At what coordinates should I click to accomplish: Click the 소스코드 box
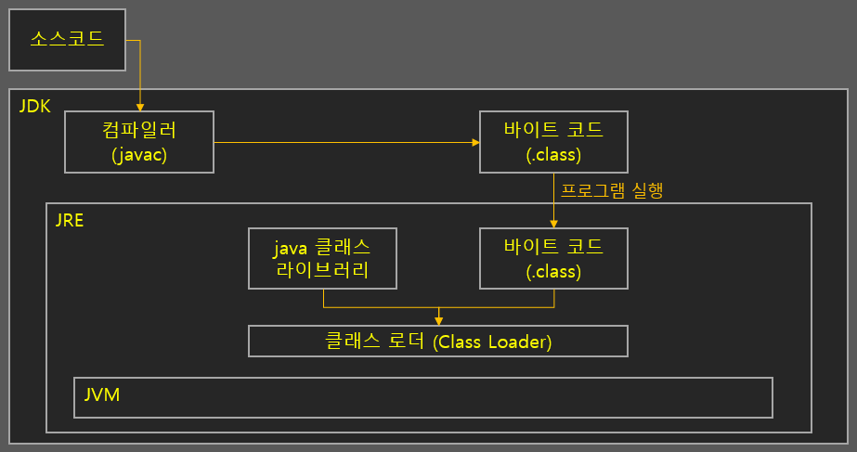click(67, 39)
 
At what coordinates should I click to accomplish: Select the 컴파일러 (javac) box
click(138, 142)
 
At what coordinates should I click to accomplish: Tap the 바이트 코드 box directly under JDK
click(553, 142)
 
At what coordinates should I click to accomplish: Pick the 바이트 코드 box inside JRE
click(553, 258)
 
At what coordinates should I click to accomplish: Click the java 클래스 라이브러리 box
click(322, 258)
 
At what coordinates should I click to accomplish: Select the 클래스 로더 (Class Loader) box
click(438, 341)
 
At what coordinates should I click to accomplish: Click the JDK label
click(34, 106)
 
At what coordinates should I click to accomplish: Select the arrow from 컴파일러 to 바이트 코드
click(344, 142)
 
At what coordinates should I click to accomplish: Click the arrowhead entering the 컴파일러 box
click(139, 107)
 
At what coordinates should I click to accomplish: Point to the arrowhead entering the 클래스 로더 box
click(438, 320)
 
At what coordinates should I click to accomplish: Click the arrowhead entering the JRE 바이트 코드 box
click(554, 223)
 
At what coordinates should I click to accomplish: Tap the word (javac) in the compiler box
click(138, 154)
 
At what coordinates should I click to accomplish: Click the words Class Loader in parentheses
click(493, 342)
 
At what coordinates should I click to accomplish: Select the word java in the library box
click(289, 248)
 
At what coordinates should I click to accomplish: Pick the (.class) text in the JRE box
click(553, 271)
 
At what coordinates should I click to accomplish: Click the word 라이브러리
click(322, 270)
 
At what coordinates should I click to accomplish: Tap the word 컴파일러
click(138, 130)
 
